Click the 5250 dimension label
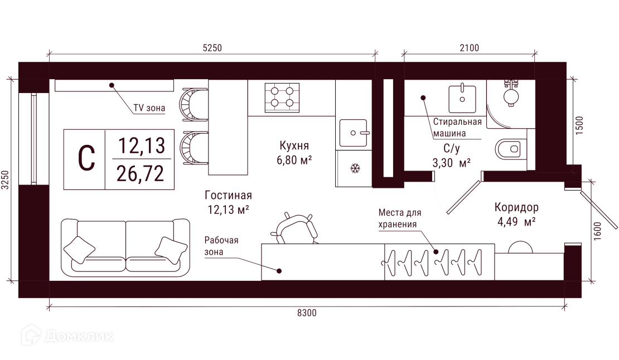[212, 48]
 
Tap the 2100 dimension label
[470, 48]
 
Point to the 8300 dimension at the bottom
[307, 313]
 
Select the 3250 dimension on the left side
[4, 180]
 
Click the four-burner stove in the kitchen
[282, 97]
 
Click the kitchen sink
[354, 133]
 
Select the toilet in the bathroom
[511, 149]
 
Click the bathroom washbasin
[462, 98]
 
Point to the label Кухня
[294, 145]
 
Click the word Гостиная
[228, 195]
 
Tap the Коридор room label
[516, 207]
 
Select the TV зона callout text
[149, 108]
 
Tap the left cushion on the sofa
[79, 250]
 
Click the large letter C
[86, 158]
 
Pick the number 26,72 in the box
[140, 173]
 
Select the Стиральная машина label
[457, 128]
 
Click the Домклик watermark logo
[67, 335]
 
